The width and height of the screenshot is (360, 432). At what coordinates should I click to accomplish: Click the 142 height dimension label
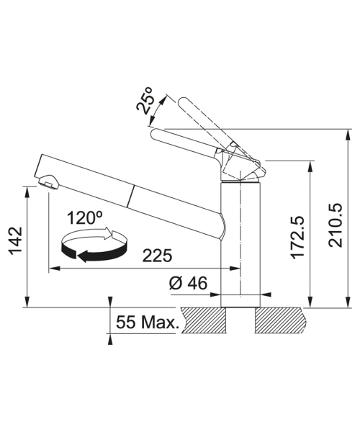pyautogui.click(x=15, y=240)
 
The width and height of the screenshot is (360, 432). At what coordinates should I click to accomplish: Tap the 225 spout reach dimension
pyautogui.click(x=157, y=256)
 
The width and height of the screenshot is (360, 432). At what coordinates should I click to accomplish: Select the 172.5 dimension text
pyautogui.click(x=298, y=238)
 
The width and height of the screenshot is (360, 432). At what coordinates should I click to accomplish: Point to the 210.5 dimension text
pyautogui.click(x=336, y=225)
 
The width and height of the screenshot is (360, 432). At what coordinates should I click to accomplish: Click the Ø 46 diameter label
pyautogui.click(x=188, y=283)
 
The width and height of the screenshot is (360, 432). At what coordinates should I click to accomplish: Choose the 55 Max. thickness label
pyautogui.click(x=145, y=322)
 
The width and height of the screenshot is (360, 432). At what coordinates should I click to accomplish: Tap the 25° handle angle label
pyautogui.click(x=145, y=100)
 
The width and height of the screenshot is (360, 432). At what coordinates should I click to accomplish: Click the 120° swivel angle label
pyautogui.click(x=85, y=217)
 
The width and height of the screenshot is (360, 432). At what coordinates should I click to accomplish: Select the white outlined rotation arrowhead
pyautogui.click(x=110, y=233)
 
